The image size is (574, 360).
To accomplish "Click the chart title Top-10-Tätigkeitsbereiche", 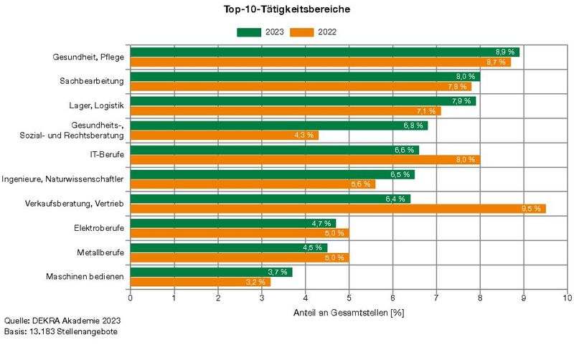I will click(x=287, y=11).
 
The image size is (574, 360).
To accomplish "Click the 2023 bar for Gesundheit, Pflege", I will click(x=324, y=52).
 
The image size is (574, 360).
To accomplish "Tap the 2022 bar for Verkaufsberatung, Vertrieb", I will click(x=337, y=209).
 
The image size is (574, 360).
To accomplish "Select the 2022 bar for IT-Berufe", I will click(x=305, y=160).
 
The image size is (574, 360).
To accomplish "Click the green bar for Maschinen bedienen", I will click(x=211, y=272).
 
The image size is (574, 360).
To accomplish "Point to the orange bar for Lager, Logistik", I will click(x=285, y=111).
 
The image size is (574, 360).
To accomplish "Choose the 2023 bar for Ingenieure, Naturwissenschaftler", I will click(x=272, y=174).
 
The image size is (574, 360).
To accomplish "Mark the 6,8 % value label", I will click(x=413, y=125).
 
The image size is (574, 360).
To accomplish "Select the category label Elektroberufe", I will click(x=99, y=227).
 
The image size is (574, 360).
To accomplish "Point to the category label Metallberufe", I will click(x=100, y=252).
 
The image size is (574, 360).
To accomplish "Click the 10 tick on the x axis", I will click(x=567, y=297).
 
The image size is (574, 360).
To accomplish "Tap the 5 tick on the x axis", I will click(x=349, y=297).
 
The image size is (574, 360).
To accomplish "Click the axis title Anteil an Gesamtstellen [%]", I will click(x=349, y=313).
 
